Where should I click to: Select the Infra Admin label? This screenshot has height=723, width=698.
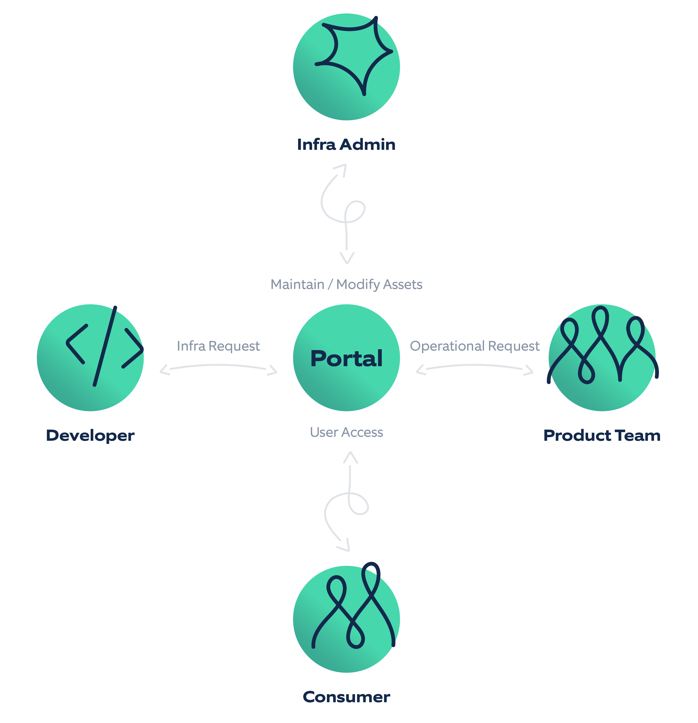click(x=346, y=145)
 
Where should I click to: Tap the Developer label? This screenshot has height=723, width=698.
click(x=90, y=436)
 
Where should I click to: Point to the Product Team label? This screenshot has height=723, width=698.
click(x=602, y=436)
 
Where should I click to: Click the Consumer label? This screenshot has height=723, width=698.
click(x=346, y=697)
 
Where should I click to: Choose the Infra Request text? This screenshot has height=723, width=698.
click(x=218, y=346)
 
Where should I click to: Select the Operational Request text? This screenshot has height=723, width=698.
click(x=475, y=346)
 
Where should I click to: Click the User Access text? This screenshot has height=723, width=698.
click(x=346, y=432)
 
